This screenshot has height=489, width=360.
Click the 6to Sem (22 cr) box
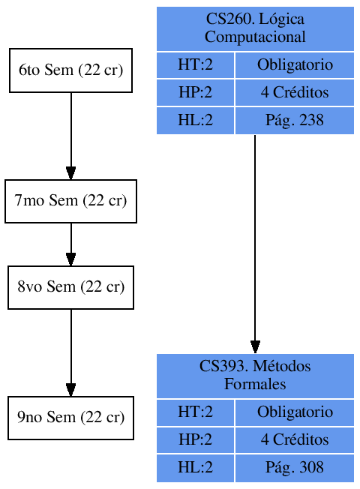coord(70,70)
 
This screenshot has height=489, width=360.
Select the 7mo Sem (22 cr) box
coord(70,201)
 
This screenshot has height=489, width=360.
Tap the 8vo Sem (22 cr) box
coord(70,287)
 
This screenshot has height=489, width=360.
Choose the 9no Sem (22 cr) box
coord(70,418)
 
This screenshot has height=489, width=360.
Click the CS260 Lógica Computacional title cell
coord(255,28)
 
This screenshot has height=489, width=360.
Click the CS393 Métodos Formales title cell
coord(255,376)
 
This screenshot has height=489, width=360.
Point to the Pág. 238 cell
coord(294,121)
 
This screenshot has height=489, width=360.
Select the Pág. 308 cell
coord(294,468)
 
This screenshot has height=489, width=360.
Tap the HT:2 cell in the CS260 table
coord(196,65)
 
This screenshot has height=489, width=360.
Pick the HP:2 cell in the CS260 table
coord(196,93)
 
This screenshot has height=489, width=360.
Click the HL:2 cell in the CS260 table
coord(196,121)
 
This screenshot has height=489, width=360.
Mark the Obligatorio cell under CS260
coord(294,65)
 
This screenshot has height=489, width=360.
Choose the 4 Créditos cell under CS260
coord(294,93)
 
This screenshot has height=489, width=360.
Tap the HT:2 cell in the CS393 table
coord(196,412)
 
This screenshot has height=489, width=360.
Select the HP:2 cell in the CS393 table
coord(196,440)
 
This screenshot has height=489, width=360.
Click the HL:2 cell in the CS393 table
coord(196,468)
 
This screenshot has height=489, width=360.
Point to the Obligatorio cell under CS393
coord(294,412)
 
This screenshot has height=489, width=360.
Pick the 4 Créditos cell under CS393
coord(294,440)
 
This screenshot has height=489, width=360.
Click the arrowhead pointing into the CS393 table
coord(255,346)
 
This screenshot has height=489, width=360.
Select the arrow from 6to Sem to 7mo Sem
coord(70,135)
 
